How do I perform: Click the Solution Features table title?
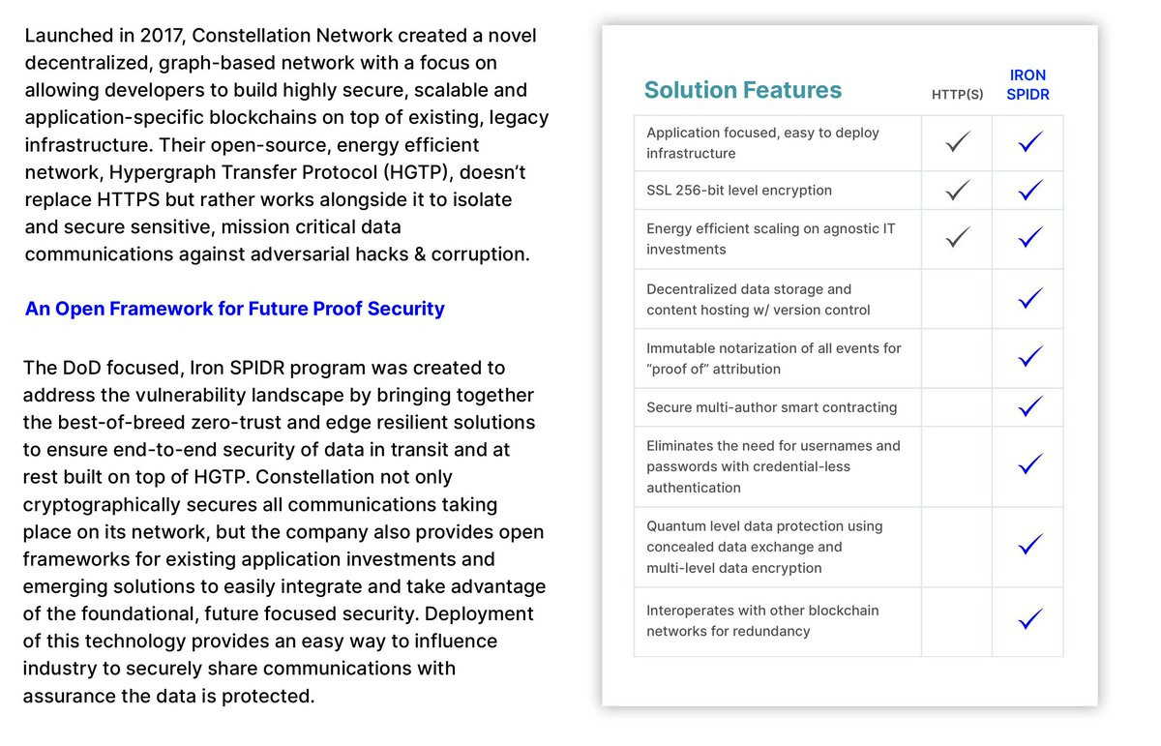742,90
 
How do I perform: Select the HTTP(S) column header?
957,95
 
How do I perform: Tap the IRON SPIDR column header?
1027,85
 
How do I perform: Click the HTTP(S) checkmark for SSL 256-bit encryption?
957,191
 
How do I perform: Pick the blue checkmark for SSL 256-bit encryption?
1029,191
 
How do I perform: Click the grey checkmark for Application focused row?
957,143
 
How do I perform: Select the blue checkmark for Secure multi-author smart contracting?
1029,407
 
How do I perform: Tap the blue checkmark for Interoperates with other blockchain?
1029,620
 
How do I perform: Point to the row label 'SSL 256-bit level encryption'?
738,191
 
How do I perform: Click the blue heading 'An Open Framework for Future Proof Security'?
234,309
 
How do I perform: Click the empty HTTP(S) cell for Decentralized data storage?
957,299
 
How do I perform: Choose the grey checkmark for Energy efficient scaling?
957,238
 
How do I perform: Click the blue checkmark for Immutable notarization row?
1029,358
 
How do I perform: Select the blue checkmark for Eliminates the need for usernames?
1029,466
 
